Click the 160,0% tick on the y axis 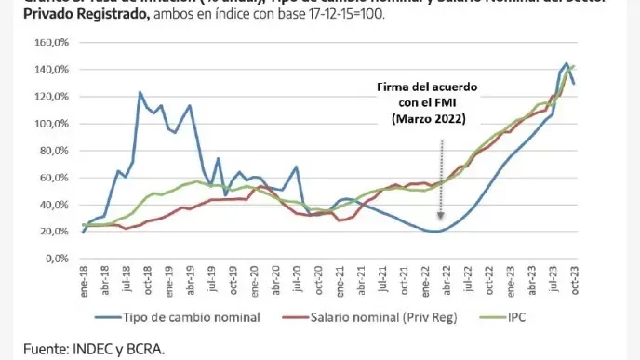tap(57, 43)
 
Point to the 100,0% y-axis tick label tap(57, 123)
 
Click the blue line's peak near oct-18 tap(140, 92)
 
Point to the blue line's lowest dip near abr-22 tap(433, 232)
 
